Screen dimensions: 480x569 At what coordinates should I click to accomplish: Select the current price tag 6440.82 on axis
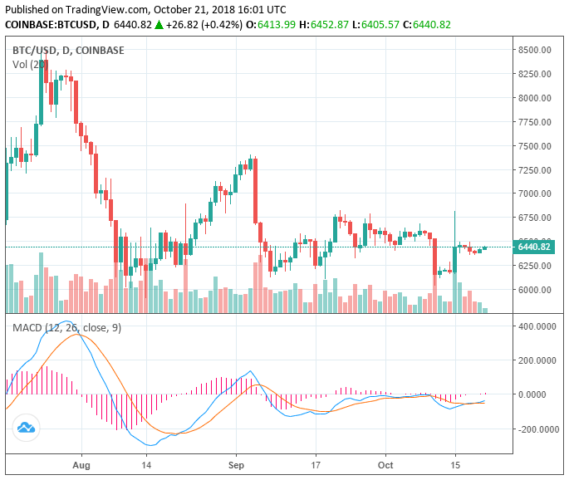point(534,247)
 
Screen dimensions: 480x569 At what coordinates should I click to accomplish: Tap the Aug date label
point(81,465)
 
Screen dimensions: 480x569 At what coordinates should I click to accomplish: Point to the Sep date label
point(236,465)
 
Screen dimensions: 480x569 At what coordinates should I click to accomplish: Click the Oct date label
point(385,465)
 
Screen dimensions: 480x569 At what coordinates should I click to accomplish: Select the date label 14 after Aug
point(146,465)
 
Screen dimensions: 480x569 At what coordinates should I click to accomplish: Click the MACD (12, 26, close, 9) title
point(66,328)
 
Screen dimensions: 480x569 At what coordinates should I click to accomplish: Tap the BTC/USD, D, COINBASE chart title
point(68,50)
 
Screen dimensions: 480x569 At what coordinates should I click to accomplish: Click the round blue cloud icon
point(26,428)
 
